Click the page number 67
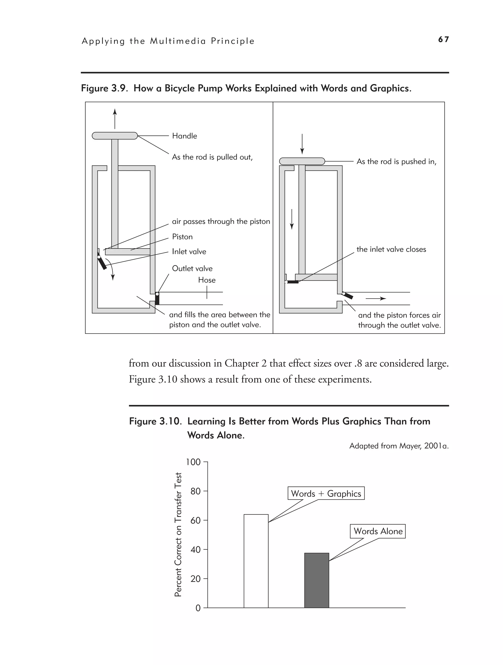coord(443,39)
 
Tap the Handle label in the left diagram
coord(184,136)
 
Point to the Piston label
coord(182,237)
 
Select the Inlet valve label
coord(189,252)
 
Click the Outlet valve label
coord(192,268)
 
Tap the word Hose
coord(207,280)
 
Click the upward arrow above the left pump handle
coord(115,119)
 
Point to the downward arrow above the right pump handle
coord(302,144)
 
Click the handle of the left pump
coord(114,136)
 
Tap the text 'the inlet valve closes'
coord(391,249)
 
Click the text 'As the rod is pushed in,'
coord(396,161)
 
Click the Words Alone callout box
coord(378,531)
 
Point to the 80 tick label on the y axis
coord(195,491)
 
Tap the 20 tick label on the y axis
coord(195,579)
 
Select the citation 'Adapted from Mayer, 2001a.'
coord(399,446)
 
